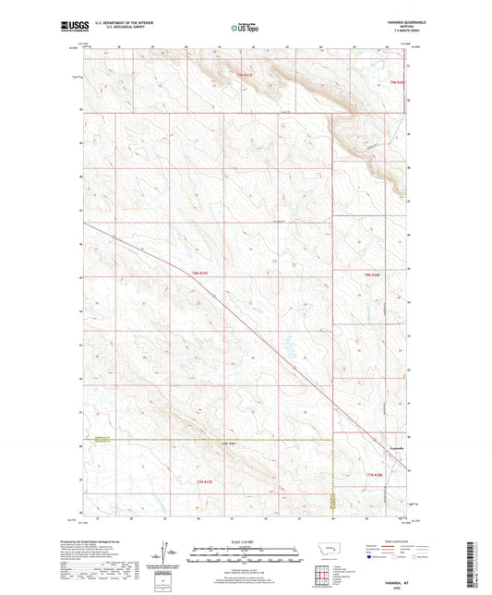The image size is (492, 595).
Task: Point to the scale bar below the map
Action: tap(246, 557)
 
